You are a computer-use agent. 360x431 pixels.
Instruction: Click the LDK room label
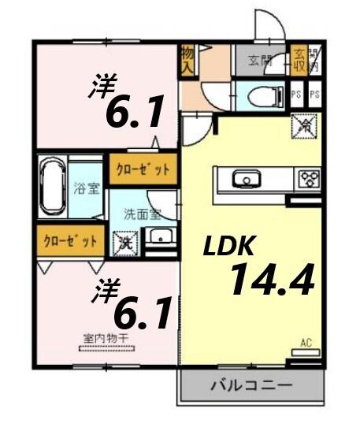point(229,246)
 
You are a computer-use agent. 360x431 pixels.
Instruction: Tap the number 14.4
point(272,280)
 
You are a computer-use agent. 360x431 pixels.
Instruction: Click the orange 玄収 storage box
point(299,59)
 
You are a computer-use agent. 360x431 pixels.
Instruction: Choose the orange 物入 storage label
point(187,61)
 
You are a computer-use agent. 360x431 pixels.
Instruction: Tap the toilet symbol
point(261,96)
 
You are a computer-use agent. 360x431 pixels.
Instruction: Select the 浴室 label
point(84,189)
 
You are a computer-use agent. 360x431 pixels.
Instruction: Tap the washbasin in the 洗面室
point(160,237)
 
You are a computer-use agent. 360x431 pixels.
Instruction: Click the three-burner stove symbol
point(306,180)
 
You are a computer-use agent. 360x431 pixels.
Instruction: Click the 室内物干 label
point(105,338)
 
